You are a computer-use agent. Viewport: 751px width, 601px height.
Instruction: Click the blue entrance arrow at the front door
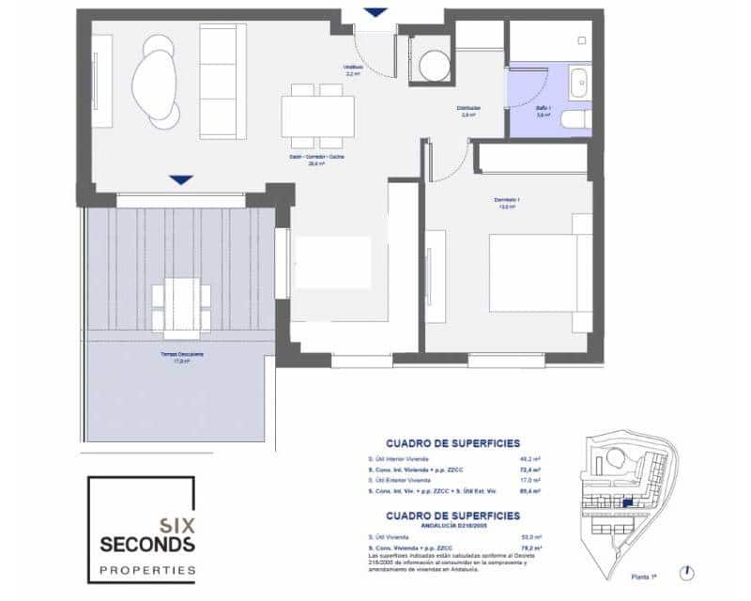click(375, 12)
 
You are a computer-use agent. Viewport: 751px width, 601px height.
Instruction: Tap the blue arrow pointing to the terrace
click(181, 178)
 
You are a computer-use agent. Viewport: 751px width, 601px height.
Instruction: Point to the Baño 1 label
click(544, 110)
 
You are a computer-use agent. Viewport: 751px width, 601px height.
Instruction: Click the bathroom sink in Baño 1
click(578, 82)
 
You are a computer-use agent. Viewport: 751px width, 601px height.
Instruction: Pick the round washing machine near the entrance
click(434, 66)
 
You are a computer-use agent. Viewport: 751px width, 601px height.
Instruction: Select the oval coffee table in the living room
click(155, 85)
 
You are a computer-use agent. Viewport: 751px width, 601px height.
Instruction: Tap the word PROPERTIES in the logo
click(148, 570)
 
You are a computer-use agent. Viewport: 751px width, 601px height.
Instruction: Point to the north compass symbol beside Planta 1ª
click(690, 570)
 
